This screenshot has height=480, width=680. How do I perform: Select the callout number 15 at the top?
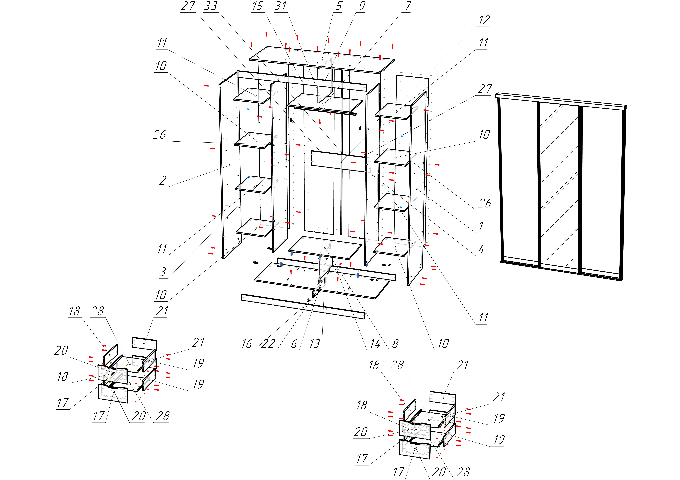click(257, 6)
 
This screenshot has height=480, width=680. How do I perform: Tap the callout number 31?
click(280, 6)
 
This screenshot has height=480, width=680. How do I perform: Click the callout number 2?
click(163, 180)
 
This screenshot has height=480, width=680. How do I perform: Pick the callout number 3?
click(163, 272)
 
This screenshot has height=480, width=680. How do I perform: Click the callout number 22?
click(268, 344)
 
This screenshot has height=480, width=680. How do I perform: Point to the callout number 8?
click(395, 344)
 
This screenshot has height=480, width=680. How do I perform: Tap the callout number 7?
click(408, 6)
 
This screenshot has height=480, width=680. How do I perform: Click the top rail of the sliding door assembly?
click(560, 101)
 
